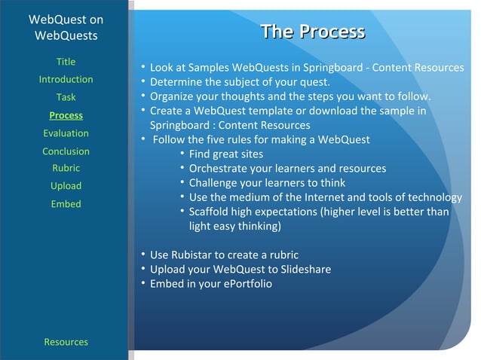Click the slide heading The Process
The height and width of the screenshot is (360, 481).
click(312, 32)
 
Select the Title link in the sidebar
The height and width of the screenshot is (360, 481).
click(66, 62)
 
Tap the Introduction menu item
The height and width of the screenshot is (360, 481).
click(66, 80)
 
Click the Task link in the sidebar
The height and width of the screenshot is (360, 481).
click(66, 97)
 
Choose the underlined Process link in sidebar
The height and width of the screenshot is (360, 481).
click(66, 115)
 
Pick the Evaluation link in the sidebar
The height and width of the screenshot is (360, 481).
click(66, 133)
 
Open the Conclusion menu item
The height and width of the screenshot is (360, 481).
click(66, 151)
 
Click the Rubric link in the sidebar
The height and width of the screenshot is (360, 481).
click(66, 168)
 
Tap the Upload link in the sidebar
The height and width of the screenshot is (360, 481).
click(66, 186)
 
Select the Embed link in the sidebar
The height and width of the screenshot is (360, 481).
click(66, 204)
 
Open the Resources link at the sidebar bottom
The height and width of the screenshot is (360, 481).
click(66, 342)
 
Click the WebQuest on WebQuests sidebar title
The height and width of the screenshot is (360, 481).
click(66, 27)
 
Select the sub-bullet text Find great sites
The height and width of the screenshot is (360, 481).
click(226, 154)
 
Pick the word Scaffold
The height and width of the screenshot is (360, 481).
click(210, 212)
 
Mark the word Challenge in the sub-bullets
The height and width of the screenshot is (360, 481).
click(214, 183)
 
